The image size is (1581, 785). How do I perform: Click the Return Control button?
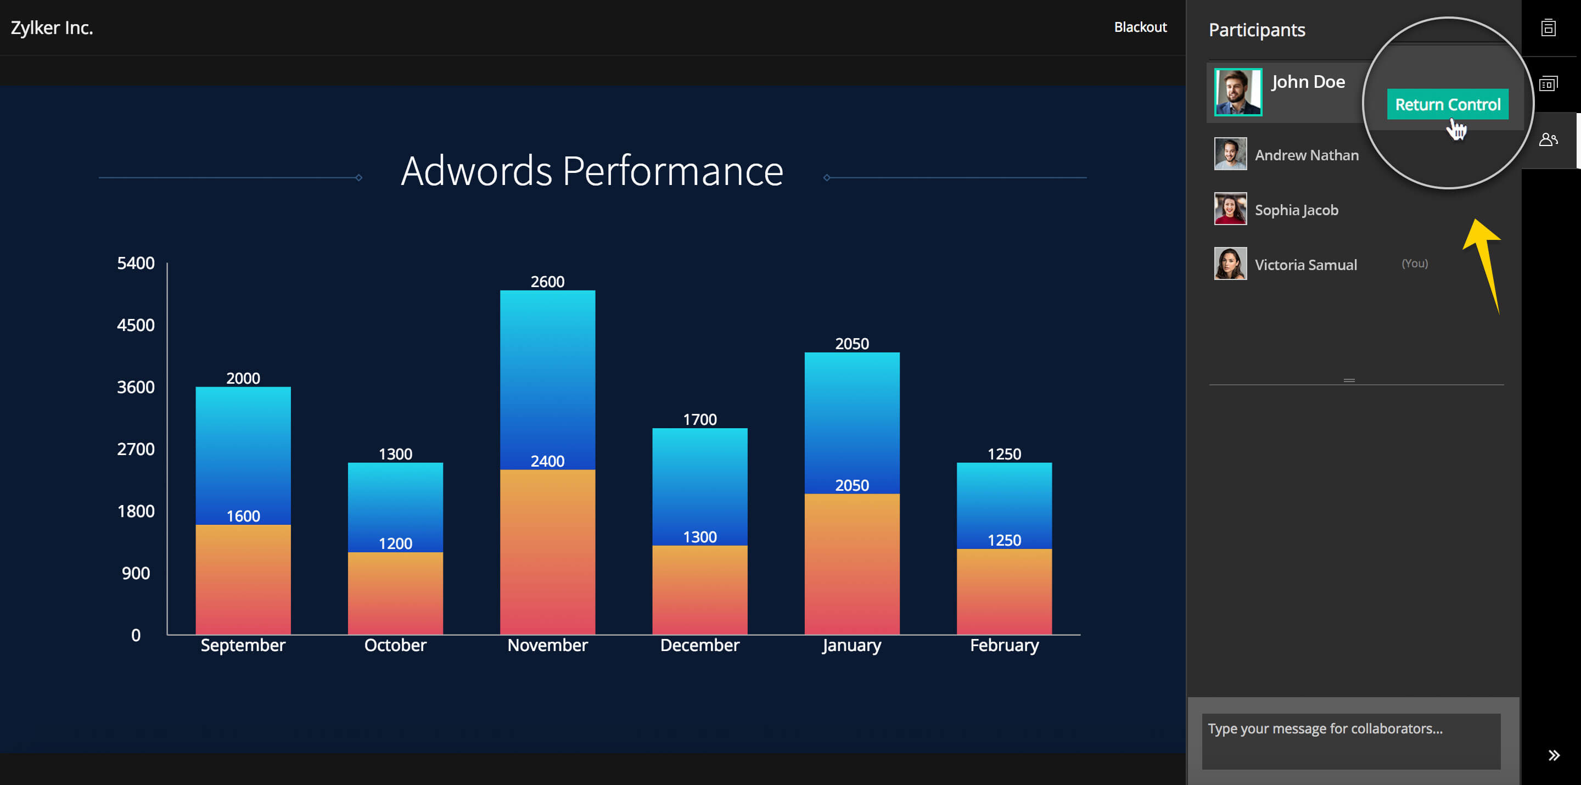[1447, 104]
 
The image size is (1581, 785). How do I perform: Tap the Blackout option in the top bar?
[1140, 27]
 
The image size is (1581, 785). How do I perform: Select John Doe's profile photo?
[1237, 92]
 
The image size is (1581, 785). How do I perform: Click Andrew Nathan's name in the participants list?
[1306, 155]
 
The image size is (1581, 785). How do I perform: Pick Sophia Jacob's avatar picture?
[1230, 209]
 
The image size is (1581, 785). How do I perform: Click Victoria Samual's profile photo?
[1230, 264]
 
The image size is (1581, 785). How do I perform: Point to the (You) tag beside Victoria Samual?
[1414, 263]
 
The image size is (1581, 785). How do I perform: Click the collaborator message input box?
[1350, 740]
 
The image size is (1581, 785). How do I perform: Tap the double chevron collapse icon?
[1554, 755]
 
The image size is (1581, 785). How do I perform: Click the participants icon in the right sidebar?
[1548, 140]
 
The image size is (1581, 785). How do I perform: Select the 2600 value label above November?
[547, 282]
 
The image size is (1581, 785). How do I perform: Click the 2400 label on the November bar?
[547, 461]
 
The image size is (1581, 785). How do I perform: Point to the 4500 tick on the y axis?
[136, 326]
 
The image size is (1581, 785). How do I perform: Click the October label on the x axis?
[395, 645]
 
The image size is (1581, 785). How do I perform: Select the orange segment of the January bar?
[851, 565]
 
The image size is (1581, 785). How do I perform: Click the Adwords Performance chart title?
[592, 171]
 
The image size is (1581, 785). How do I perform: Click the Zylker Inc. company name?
[52, 27]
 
